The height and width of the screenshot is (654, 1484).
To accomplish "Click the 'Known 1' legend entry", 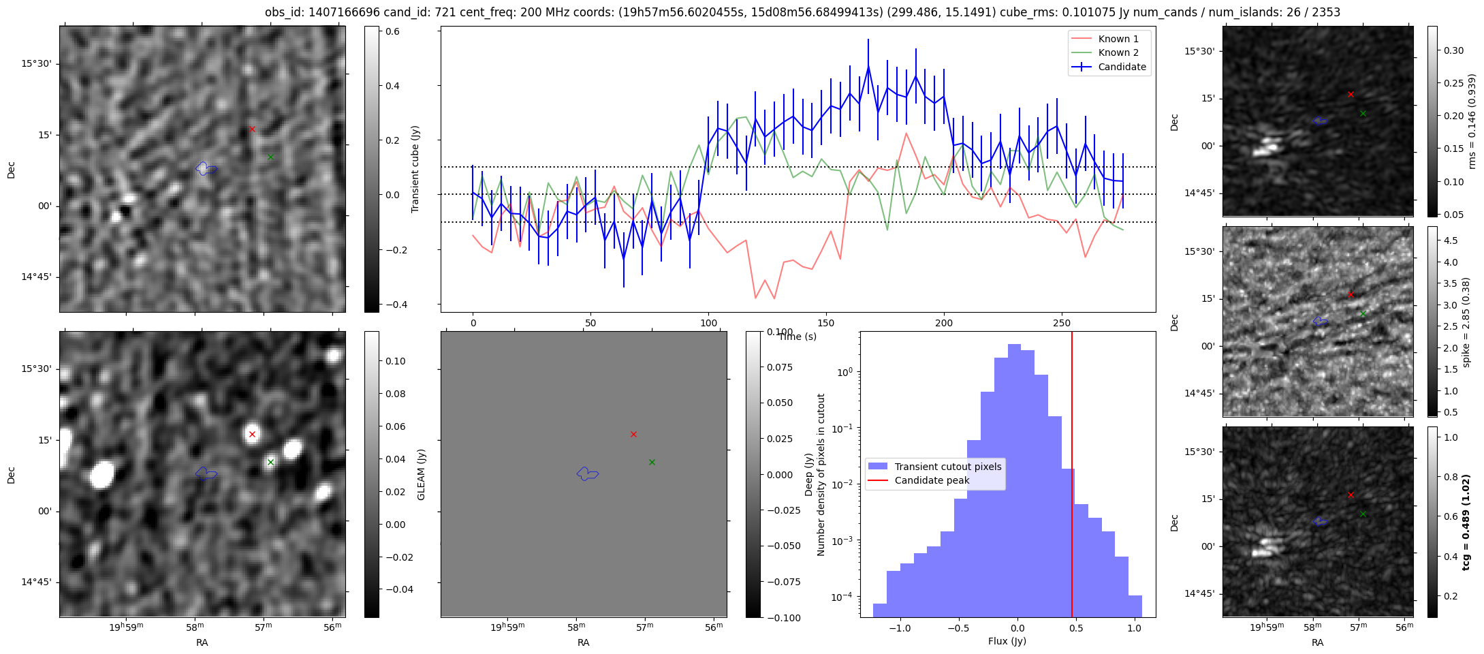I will click(x=1118, y=39).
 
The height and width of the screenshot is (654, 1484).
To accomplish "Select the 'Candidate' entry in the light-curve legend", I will click(x=1122, y=67).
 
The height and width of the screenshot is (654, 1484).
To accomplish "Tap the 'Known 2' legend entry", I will click(x=1118, y=52).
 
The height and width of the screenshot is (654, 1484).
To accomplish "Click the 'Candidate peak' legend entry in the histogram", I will click(x=931, y=480).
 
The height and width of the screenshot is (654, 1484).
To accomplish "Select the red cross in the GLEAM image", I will click(x=252, y=434).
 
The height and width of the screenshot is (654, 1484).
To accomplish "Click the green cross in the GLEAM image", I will click(x=270, y=462).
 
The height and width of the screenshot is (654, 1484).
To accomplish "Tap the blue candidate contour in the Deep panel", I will click(x=587, y=473).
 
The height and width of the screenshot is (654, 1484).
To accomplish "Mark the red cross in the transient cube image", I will click(x=252, y=129).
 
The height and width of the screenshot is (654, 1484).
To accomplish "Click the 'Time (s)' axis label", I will click(x=798, y=337).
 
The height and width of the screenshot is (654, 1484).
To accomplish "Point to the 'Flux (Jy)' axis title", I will click(x=1007, y=641).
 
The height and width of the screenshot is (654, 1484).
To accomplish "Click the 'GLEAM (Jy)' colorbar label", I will click(x=421, y=475).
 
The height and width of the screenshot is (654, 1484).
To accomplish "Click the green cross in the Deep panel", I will click(x=652, y=462).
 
